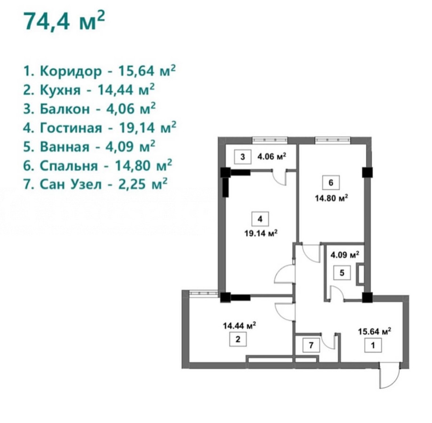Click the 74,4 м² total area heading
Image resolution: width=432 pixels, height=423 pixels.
(64, 21)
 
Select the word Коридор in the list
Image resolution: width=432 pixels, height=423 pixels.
(71, 71)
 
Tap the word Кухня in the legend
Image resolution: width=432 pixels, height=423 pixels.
(60, 90)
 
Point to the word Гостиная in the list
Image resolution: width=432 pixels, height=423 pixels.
(71, 128)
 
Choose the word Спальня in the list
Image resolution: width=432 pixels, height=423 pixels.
(69, 166)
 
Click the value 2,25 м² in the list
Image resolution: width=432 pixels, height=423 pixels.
(143, 184)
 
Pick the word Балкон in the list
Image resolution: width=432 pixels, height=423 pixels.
(65, 109)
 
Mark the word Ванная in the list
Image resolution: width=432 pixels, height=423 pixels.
(64, 147)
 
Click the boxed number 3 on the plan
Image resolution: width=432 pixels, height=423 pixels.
(243, 157)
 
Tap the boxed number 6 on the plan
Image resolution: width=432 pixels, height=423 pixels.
(331, 182)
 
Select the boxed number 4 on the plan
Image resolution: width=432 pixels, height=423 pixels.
(260, 219)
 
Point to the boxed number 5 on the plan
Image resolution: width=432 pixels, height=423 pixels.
(342, 273)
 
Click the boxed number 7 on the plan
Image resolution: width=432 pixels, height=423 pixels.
(311, 345)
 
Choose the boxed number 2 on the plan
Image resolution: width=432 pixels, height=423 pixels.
(238, 339)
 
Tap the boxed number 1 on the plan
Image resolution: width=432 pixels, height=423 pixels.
(373, 345)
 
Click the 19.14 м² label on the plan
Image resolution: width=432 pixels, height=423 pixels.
(260, 233)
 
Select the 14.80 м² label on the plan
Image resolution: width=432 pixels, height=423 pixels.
(331, 198)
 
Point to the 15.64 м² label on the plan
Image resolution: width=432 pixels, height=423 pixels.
(375, 331)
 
